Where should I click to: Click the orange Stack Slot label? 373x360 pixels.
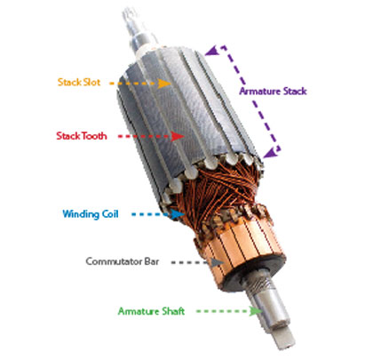click(x=79, y=82)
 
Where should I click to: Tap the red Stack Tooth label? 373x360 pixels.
click(x=82, y=136)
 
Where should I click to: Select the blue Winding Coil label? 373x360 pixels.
click(x=91, y=214)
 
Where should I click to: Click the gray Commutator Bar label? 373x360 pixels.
click(x=123, y=261)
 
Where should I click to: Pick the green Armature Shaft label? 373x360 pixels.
click(x=151, y=311)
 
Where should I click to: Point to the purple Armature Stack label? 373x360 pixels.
click(x=273, y=91)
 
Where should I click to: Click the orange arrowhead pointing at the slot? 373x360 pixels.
click(x=163, y=84)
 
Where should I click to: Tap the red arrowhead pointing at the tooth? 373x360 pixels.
click(x=178, y=136)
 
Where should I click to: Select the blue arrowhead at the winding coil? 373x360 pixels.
click(x=177, y=214)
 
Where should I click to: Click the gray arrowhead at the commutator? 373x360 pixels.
click(x=218, y=262)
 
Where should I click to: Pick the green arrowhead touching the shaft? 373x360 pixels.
click(x=256, y=311)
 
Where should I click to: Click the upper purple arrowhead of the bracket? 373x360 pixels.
click(x=212, y=51)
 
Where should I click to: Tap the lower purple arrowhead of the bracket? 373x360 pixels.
click(x=270, y=152)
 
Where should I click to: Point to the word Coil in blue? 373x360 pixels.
click(x=110, y=214)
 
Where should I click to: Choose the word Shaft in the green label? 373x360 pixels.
click(x=173, y=311)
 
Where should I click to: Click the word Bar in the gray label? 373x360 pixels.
click(x=152, y=261)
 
